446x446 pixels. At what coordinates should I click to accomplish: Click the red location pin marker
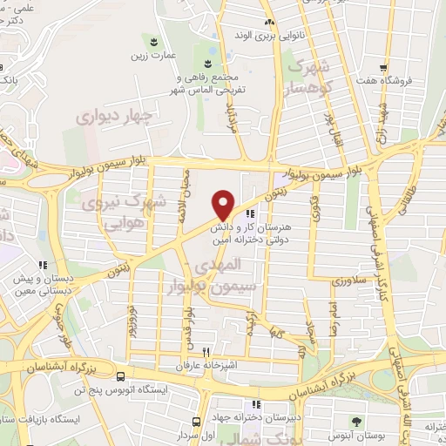click(x=223, y=204)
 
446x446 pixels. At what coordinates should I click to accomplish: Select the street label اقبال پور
click(x=329, y=127)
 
